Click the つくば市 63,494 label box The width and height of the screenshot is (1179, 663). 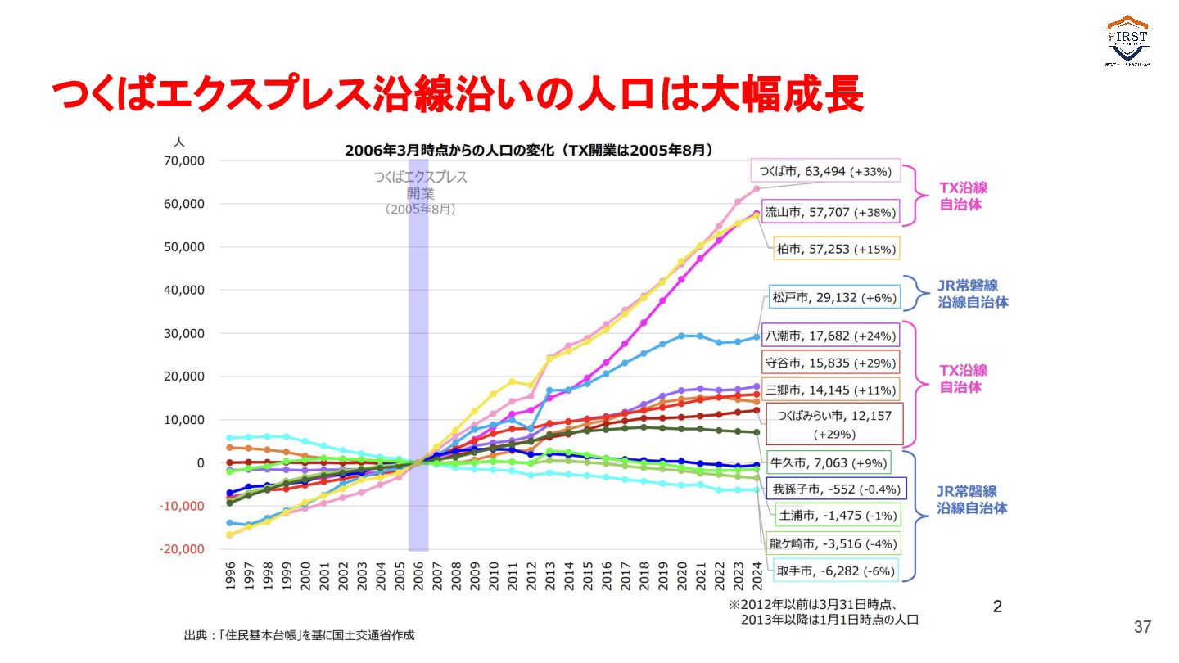[825, 171]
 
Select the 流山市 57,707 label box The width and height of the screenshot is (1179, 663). [830, 212]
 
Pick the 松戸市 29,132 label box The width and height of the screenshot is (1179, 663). [833, 297]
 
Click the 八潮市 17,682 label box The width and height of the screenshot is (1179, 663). [830, 336]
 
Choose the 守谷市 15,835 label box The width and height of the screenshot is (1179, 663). [830, 363]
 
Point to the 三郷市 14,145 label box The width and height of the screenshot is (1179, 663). [830, 390]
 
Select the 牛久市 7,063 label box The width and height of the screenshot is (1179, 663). [829, 463]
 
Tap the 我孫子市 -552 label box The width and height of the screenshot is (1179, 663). [835, 489]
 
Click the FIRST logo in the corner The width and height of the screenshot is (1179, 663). [1128, 41]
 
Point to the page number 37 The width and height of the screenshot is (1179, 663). [1142, 627]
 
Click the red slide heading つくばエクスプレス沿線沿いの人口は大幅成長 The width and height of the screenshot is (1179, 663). [458, 96]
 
